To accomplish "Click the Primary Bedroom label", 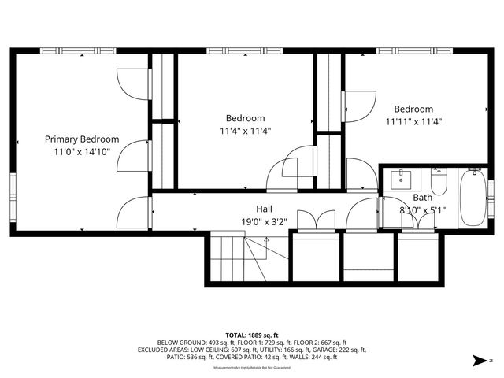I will pos(82,139).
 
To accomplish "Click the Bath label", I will pos(422,198).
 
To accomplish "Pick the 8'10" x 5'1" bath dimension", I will pos(422,210).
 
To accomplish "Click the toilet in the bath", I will pos(439,182).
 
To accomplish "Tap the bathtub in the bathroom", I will pos(473,197).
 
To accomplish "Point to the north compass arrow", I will pos(477,361).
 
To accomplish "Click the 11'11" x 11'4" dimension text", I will pos(413,121).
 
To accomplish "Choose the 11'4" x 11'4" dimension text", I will pos(245,131).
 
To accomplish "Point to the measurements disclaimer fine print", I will pos(252,367).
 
